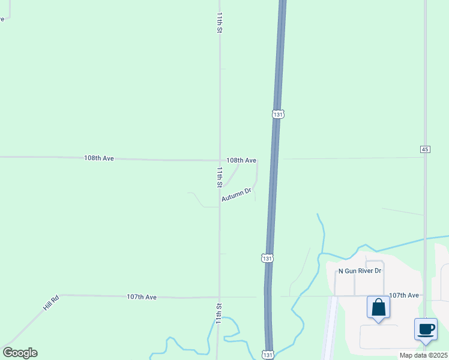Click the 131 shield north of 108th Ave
coord(277,113)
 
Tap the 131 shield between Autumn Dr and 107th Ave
coord(267,258)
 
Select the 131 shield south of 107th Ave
coord(268,355)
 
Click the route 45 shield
coord(425,149)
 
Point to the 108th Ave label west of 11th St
coord(99,158)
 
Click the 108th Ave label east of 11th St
coord(241,161)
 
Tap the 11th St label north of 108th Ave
coord(220,22)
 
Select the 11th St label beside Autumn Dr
coord(220,176)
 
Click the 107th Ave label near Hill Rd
coord(142,297)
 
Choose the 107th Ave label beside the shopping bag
coord(404,296)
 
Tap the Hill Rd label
coord(51,302)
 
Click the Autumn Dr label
coord(235,195)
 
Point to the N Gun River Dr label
coord(360,271)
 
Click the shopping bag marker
coord(378,308)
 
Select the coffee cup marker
coord(426,329)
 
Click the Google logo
coord(20,353)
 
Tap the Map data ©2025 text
coord(423,355)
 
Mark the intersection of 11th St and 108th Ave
coord(219,160)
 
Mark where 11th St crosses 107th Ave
coord(219,297)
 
